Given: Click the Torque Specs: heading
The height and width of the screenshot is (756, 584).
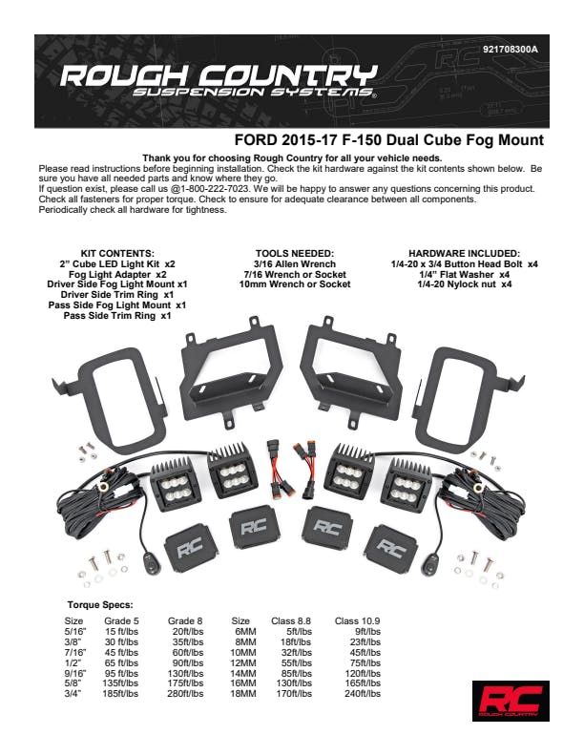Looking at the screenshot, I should [x=100, y=605].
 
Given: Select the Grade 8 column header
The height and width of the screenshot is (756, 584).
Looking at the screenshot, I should [x=184, y=620].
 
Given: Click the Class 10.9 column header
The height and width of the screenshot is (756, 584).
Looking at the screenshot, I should [x=359, y=620].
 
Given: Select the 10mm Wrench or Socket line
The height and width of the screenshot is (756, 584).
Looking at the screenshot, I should [x=295, y=283].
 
